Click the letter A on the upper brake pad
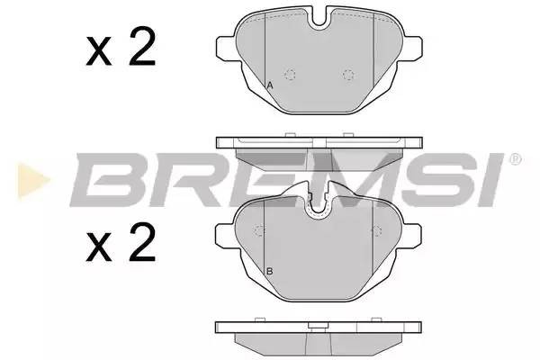[270, 85]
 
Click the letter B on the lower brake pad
[269, 271]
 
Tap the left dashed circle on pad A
[290, 76]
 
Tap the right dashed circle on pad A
[349, 76]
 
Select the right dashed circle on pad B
[373, 230]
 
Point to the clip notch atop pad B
[318, 208]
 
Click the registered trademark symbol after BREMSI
[515, 159]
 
